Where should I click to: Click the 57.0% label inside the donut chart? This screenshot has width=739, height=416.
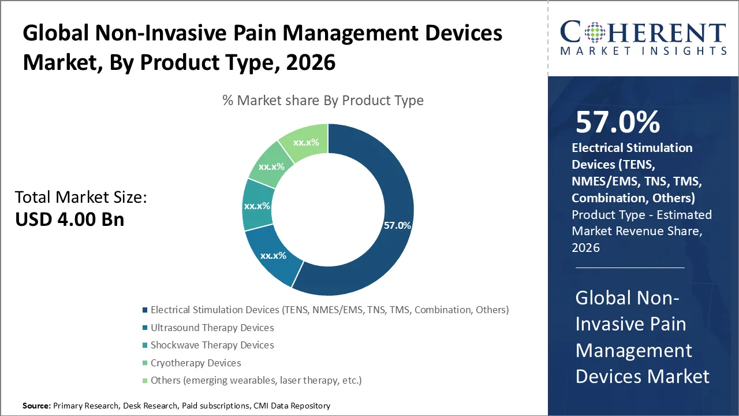(x=397, y=225)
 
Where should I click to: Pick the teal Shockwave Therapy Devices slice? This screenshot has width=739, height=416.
(x=256, y=206)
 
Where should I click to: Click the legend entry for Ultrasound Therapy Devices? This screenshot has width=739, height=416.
(x=212, y=328)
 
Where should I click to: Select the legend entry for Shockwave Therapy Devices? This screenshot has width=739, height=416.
(x=212, y=345)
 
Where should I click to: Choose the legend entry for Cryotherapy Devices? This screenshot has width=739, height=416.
(x=196, y=363)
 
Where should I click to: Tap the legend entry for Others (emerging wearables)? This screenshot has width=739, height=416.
(x=256, y=380)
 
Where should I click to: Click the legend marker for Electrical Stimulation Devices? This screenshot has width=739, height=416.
(x=145, y=310)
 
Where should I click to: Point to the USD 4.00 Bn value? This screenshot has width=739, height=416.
(x=70, y=220)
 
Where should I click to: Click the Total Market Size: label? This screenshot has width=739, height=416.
(x=81, y=198)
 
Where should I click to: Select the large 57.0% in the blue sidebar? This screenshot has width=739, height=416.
(x=618, y=122)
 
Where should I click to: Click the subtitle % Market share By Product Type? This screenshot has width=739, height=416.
(x=323, y=101)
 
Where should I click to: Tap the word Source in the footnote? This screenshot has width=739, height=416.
(x=36, y=406)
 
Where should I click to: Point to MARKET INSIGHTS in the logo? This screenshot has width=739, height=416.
(x=643, y=51)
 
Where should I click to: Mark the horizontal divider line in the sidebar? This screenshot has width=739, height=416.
(x=630, y=268)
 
